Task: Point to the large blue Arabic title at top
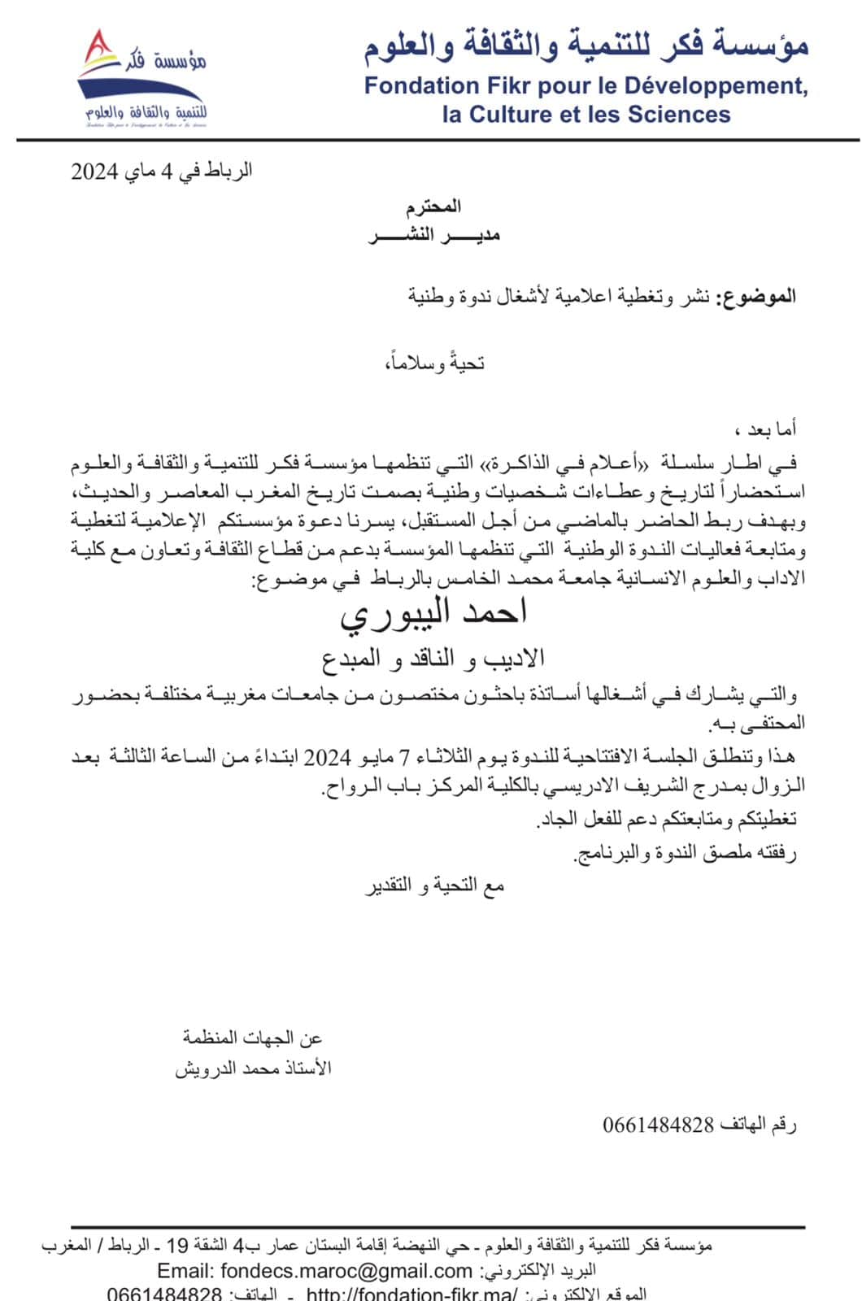click(x=586, y=46)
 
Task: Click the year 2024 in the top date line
click(x=95, y=172)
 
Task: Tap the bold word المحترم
click(x=433, y=207)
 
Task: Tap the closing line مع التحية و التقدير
click(x=434, y=886)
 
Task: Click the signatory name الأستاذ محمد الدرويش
click(x=253, y=1068)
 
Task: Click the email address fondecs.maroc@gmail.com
click(x=315, y=1270)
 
